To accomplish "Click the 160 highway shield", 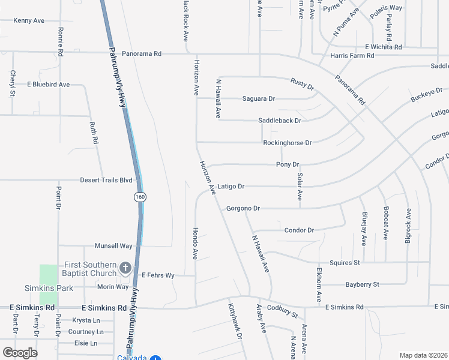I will click(140, 197).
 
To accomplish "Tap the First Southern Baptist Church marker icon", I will click(125, 268).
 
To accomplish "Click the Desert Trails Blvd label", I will click(106, 179).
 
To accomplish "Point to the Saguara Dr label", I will click(258, 98).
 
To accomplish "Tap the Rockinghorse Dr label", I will click(287, 143).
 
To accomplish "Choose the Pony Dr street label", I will click(288, 164).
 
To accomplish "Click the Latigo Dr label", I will click(231, 187).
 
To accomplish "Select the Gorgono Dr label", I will click(243, 208).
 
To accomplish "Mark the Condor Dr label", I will click(299, 230).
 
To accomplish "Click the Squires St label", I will click(345, 262).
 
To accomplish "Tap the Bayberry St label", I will click(363, 284).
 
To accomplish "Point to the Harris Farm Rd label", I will click(352, 56).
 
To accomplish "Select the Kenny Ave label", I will click(29, 20).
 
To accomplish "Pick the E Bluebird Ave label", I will click(49, 85).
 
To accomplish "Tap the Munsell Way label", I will click(113, 246).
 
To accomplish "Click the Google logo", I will click(20, 353).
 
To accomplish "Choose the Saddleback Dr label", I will click(279, 121).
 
